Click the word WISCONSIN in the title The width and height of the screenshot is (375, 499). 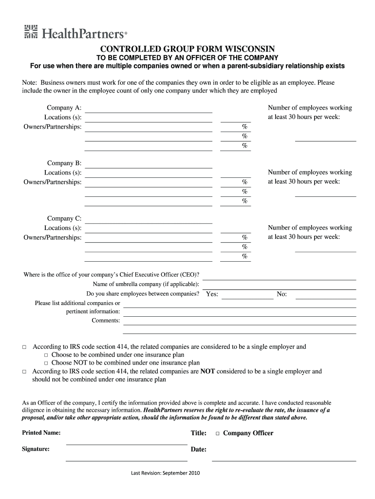[250, 49]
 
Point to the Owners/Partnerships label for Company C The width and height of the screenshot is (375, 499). [53, 237]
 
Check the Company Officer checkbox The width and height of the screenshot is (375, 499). [218, 433]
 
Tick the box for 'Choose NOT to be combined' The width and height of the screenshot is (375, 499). [46, 363]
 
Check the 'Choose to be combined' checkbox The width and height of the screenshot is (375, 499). [46, 355]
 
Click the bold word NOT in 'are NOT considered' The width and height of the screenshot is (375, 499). [207, 371]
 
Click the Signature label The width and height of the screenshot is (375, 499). [36, 449]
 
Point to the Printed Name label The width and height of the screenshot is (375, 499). [41, 433]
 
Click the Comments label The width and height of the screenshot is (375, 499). [106, 321]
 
